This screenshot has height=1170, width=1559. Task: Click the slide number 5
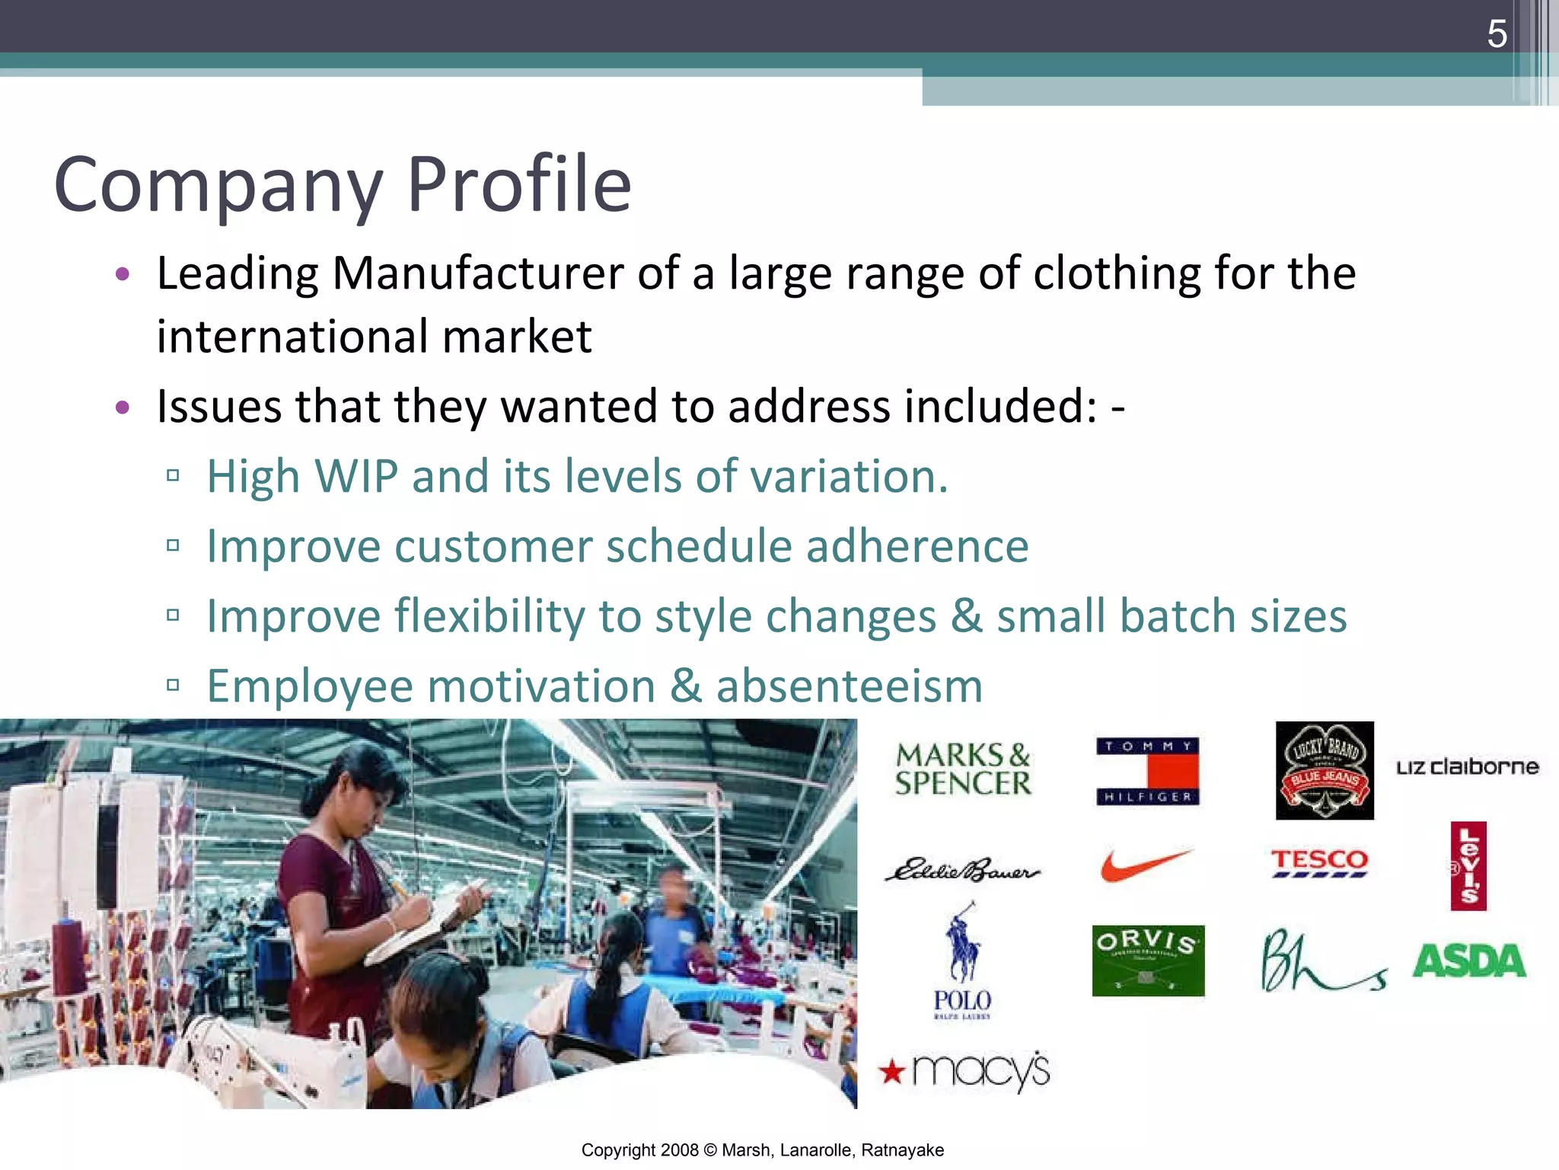1497,34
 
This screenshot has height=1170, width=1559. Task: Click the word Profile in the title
519,184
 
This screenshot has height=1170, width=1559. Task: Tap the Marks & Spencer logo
963,769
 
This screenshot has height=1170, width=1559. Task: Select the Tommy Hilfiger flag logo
1147,771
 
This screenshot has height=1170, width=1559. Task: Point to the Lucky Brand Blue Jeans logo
1325,770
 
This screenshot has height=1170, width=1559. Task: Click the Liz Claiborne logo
1467,767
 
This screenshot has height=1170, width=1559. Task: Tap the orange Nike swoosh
1146,865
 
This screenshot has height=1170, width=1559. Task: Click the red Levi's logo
1468,866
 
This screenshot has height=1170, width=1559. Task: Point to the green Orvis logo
1148,961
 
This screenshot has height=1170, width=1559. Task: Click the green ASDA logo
1469,961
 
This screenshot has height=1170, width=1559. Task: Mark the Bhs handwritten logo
1323,961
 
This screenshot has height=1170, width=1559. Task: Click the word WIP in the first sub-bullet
356,477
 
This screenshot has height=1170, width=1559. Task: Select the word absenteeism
849,686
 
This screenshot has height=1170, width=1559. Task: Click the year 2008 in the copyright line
679,1150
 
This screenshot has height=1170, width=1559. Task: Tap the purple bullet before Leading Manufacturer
123,274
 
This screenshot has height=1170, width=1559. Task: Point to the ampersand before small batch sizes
966,616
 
